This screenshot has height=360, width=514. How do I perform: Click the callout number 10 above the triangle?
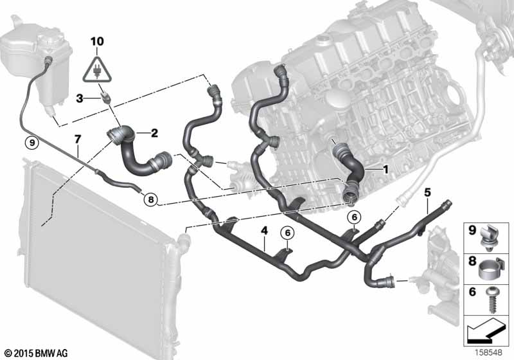[98, 42]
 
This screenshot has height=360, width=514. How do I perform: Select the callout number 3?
[79, 98]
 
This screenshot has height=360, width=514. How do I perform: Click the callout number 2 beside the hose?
[154, 133]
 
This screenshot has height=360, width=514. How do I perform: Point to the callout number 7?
[77, 139]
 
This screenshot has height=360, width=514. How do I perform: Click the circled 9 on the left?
[31, 143]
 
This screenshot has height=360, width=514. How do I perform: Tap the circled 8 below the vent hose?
[150, 199]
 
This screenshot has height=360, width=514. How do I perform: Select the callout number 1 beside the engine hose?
[385, 170]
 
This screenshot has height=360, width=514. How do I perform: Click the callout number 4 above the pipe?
[264, 231]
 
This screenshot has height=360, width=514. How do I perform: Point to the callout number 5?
[427, 192]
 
